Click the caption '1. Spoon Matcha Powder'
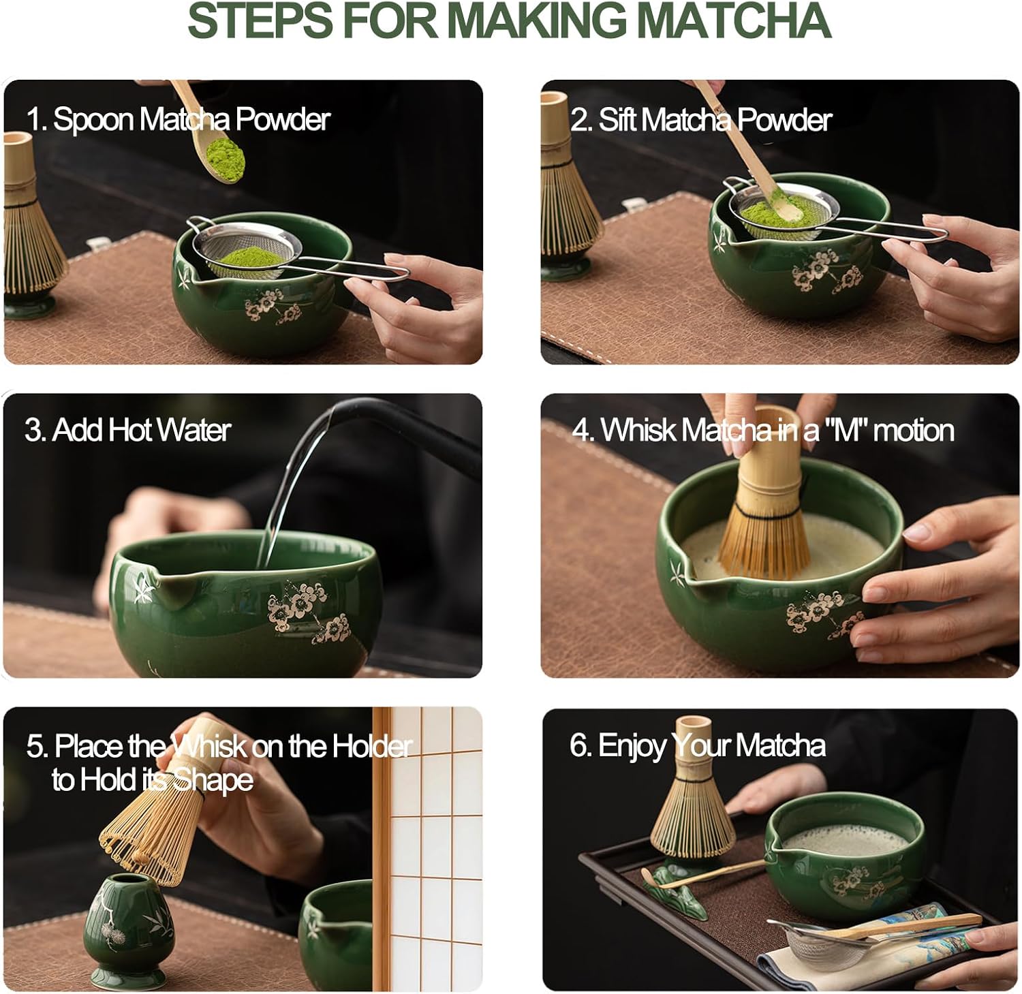(178, 119)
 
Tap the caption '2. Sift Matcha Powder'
(701, 120)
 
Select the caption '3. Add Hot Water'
(128, 431)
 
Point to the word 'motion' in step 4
(913, 431)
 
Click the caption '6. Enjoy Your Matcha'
(697, 745)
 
